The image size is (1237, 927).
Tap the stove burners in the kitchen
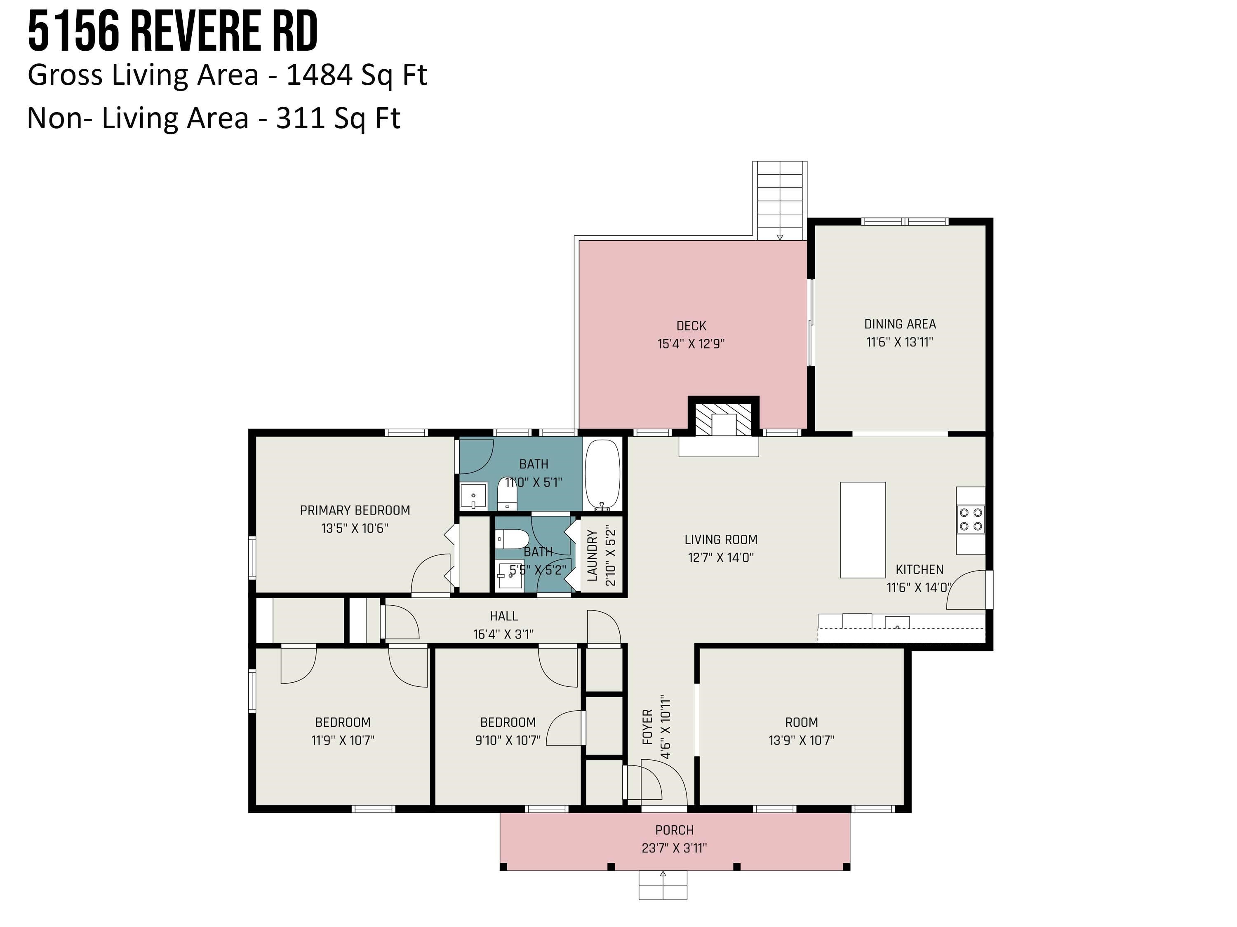tap(971, 519)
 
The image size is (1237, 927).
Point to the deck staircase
tap(780, 201)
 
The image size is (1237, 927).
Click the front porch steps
tap(663, 885)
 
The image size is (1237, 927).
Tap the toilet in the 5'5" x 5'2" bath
tap(512, 539)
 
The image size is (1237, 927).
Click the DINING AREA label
tap(900, 324)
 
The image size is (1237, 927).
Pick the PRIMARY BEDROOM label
tap(355, 510)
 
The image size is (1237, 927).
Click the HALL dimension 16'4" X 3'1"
tap(503, 634)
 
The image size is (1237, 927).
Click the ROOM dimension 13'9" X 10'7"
tap(801, 740)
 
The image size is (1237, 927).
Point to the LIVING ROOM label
tap(721, 540)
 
